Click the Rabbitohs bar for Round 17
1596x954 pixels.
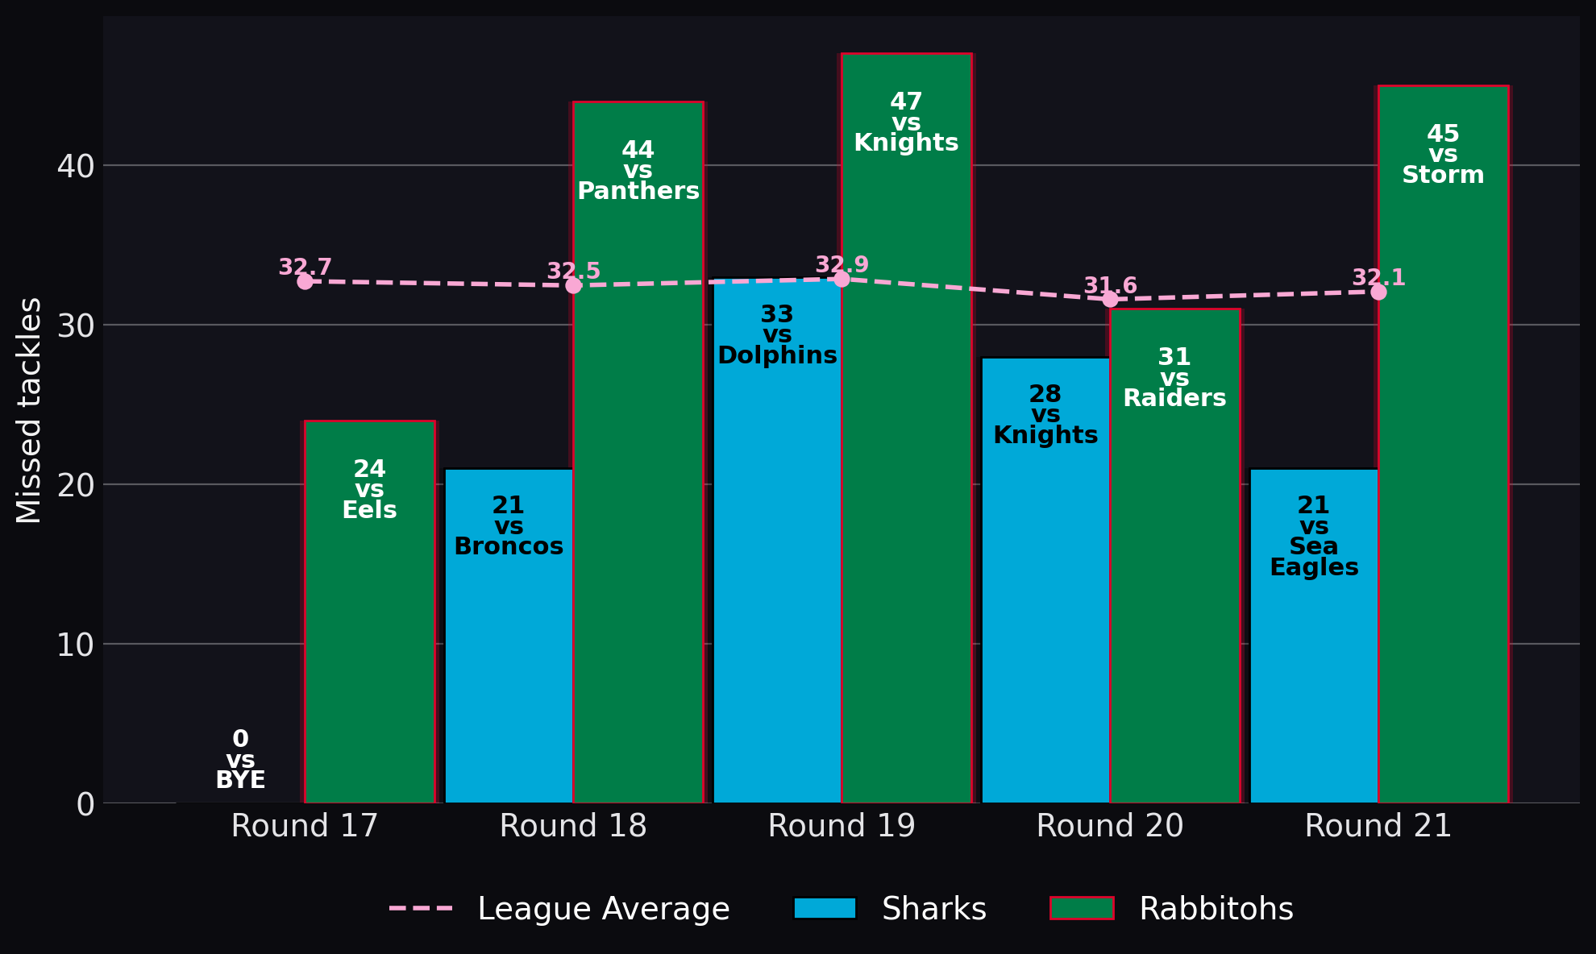[x=369, y=612]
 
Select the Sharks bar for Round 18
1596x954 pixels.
[x=509, y=636]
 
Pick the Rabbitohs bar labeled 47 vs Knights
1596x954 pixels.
[x=906, y=428]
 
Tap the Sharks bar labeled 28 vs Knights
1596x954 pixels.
[x=1045, y=580]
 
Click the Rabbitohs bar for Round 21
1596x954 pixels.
[x=1443, y=444]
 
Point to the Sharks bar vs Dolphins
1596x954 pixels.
[x=777, y=541]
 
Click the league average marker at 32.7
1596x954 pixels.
[x=305, y=281]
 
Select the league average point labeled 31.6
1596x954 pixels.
[x=1110, y=299]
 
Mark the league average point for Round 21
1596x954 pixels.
[x=1378, y=292]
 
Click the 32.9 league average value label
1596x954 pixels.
[x=842, y=265]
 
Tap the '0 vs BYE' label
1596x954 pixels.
[x=240, y=760]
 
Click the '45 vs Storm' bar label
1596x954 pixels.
[x=1443, y=154]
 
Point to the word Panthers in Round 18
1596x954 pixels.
[x=638, y=191]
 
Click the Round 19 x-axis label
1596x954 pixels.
[x=842, y=826]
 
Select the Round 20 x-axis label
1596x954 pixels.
[x=1110, y=826]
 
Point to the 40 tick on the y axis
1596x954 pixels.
[x=76, y=166]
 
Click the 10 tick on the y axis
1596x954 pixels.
[x=76, y=645]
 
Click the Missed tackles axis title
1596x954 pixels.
[x=29, y=410]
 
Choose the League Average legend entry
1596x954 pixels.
[x=559, y=909]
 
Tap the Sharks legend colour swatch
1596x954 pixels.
[x=825, y=908]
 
